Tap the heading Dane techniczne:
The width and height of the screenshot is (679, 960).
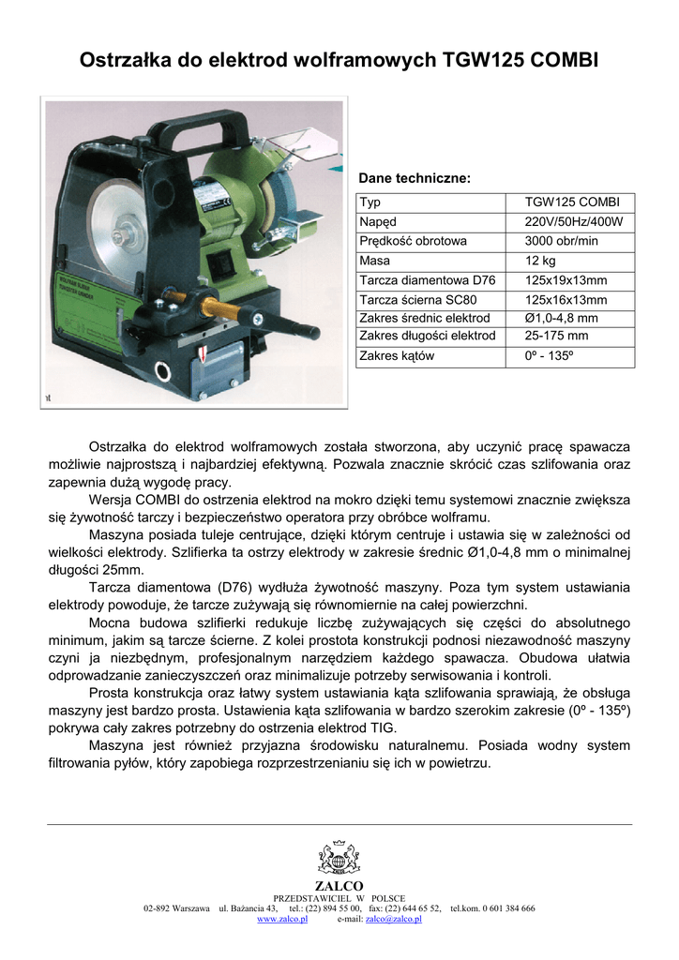[415, 177]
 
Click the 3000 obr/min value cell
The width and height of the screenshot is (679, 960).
[561, 241]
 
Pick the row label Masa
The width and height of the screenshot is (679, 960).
[375, 261]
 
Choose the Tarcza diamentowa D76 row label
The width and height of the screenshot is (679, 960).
[427, 280]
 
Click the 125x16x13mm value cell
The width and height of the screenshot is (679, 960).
[566, 300]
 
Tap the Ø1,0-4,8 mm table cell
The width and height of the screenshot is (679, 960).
[562, 319]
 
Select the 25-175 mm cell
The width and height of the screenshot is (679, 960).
[557, 336]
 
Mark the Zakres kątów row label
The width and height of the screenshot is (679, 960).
[397, 356]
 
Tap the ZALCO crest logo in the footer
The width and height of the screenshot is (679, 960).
[339, 858]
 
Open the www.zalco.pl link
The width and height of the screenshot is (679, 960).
[282, 920]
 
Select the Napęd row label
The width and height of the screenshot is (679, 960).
[378, 222]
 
